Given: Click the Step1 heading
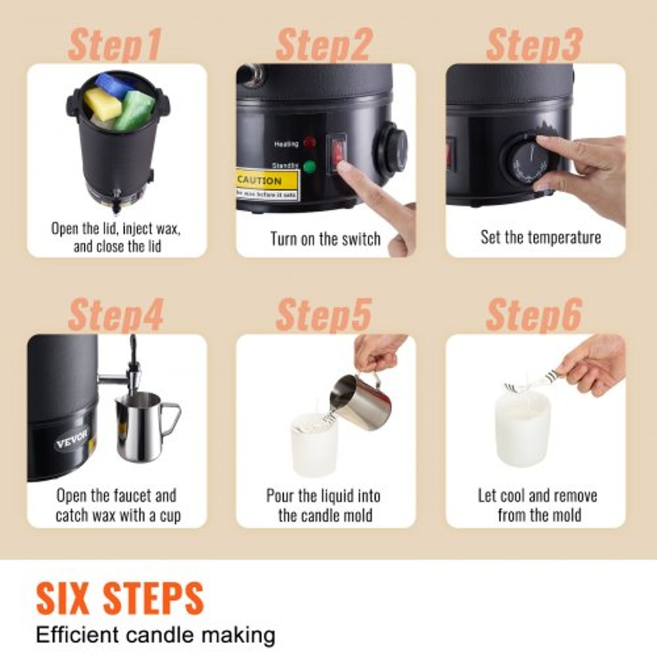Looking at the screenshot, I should coord(114,46).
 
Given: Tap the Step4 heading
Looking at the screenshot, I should coord(115,316).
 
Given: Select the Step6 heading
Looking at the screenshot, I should coord(533,316).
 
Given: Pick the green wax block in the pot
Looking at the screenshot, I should coord(135,108).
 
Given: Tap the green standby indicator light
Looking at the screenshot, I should coord(309,167).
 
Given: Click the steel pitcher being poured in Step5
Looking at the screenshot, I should coord(355,400).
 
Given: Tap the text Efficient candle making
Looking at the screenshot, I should coord(155,636).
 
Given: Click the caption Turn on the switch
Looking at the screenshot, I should coord(325,238).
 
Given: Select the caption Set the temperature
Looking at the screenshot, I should coord(540,237).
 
